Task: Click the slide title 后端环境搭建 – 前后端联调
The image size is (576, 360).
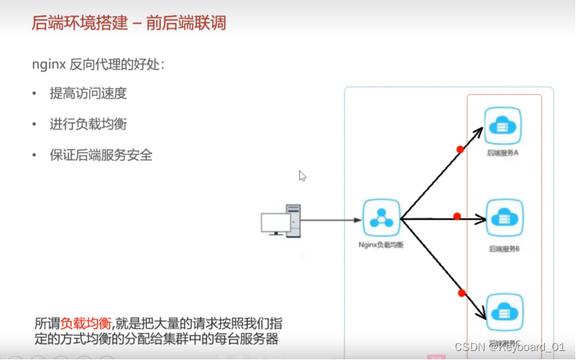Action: [129, 23]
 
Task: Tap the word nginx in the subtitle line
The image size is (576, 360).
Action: [49, 65]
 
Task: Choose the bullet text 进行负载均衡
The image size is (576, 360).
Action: [88, 125]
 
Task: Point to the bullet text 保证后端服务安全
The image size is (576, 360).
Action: [101, 155]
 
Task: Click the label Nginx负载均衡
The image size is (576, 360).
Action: [381, 244]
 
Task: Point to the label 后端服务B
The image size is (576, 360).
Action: [503, 248]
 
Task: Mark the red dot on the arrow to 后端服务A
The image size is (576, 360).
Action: [460, 149]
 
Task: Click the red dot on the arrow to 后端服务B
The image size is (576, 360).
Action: [457, 216]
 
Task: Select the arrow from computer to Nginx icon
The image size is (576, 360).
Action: [331, 221]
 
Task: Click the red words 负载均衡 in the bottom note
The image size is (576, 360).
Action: [85, 324]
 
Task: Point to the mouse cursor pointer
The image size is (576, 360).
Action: [302, 175]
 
